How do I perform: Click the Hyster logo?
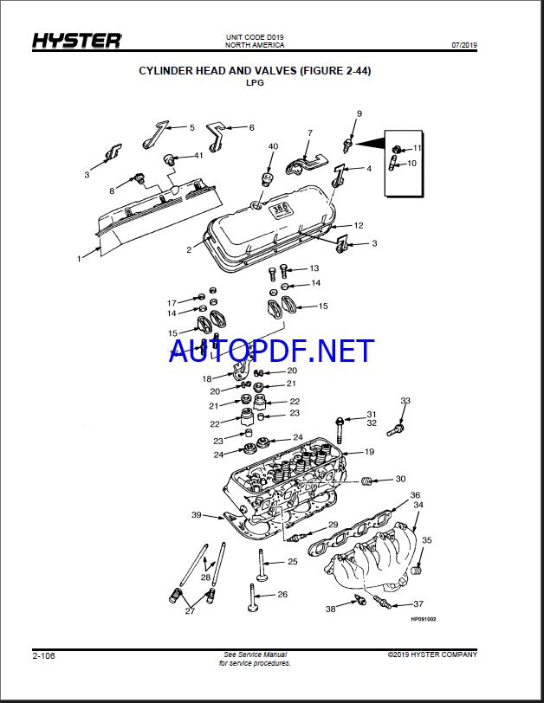pyautogui.click(x=77, y=41)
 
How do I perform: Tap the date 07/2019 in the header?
pyautogui.click(x=464, y=45)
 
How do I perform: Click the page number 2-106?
pyautogui.click(x=43, y=656)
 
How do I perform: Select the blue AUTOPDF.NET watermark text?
pyautogui.click(x=272, y=351)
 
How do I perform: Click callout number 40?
pyautogui.click(x=273, y=146)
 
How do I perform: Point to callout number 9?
pyautogui.click(x=359, y=114)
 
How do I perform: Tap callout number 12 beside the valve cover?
pyautogui.click(x=359, y=225)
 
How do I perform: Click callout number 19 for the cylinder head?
pyautogui.click(x=369, y=452)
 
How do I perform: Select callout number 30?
pyautogui.click(x=400, y=480)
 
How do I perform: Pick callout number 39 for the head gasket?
pyautogui.click(x=197, y=515)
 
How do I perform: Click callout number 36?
pyautogui.click(x=415, y=495)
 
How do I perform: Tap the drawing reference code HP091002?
pyautogui.click(x=424, y=619)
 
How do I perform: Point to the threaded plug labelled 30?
pyautogui.click(x=366, y=481)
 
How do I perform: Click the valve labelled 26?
pyautogui.click(x=252, y=597)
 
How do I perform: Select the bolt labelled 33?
pyautogui.click(x=395, y=430)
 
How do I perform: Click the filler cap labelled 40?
pyautogui.click(x=267, y=178)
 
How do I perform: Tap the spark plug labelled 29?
pyautogui.click(x=297, y=537)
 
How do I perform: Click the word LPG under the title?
pyautogui.click(x=255, y=83)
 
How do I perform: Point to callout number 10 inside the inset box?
pyautogui.click(x=411, y=164)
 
